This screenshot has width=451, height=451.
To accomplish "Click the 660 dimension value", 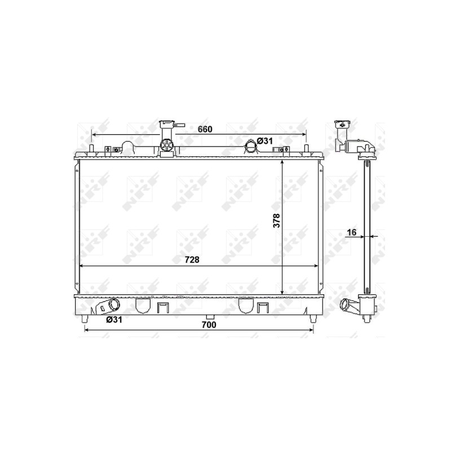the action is (x=205, y=130).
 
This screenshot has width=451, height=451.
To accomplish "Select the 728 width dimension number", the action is (x=192, y=260).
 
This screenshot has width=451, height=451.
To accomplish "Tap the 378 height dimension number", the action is (x=276, y=220).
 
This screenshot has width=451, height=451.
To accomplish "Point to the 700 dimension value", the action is (x=209, y=325).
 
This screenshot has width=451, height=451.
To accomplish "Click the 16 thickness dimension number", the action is (x=351, y=232).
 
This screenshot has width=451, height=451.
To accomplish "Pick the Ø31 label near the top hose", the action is (x=264, y=141).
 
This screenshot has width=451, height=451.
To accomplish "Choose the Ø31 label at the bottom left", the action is (x=114, y=319).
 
